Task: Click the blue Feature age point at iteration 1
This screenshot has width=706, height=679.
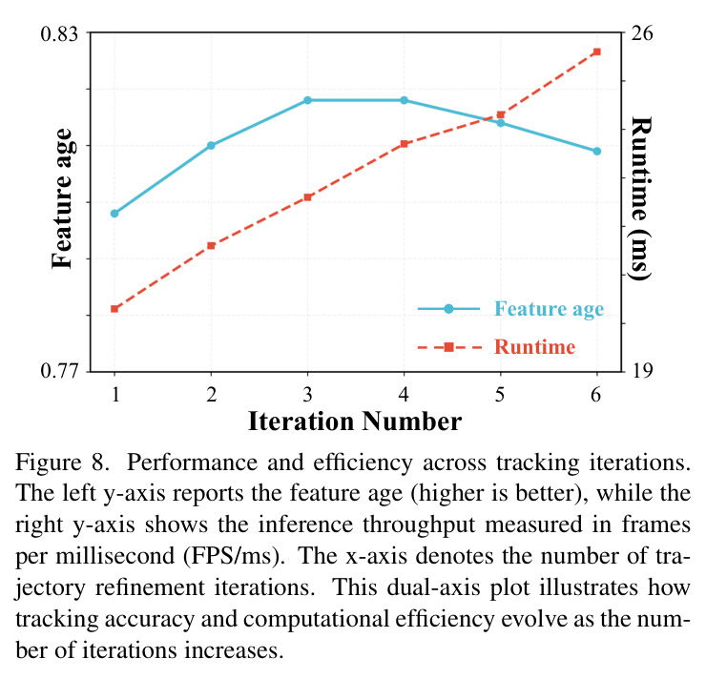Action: click(x=114, y=214)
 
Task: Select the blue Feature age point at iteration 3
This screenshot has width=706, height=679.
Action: click(x=307, y=100)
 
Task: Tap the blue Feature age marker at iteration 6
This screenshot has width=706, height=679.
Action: click(x=597, y=151)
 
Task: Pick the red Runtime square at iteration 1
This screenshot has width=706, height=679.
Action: click(x=114, y=309)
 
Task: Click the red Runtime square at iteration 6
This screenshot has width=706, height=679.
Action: click(x=597, y=51)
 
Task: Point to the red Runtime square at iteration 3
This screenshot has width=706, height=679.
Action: click(x=307, y=197)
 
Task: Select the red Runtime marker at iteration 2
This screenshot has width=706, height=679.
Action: click(x=211, y=246)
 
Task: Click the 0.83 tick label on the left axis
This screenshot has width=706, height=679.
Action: click(x=59, y=33)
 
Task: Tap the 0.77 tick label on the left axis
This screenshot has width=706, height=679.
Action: click(x=59, y=371)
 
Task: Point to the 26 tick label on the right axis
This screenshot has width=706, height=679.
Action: click(x=641, y=32)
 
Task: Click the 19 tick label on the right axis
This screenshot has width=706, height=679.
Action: click(x=641, y=370)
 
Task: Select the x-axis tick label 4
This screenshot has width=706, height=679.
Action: click(x=404, y=394)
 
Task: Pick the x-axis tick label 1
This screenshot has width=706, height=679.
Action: click(x=115, y=394)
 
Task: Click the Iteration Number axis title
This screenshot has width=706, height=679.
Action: click(x=355, y=422)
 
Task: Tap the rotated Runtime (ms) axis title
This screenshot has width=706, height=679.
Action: click(x=641, y=198)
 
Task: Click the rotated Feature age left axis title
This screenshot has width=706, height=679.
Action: click(x=62, y=198)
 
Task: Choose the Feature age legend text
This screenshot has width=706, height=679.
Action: click(x=549, y=309)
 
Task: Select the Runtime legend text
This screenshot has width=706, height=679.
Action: click(x=535, y=347)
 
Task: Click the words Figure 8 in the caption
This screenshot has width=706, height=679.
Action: click(x=62, y=463)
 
